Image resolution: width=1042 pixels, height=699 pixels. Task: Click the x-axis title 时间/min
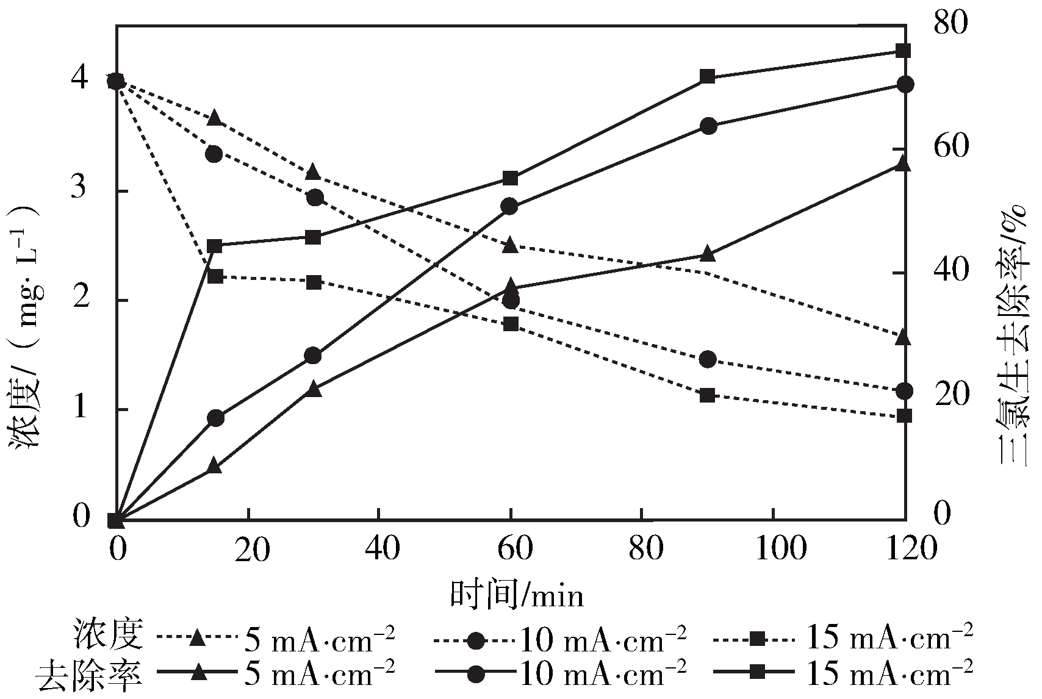(x=517, y=593)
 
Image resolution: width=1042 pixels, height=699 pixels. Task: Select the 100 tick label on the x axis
(x=774, y=549)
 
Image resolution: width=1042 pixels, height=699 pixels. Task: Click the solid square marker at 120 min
(x=903, y=51)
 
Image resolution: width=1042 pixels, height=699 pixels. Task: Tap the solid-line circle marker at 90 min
(x=708, y=126)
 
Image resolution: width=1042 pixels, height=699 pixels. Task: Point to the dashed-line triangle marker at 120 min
(x=903, y=337)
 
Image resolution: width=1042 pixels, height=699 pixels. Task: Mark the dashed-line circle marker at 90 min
(x=708, y=359)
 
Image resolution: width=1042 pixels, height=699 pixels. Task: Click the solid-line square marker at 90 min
(x=707, y=76)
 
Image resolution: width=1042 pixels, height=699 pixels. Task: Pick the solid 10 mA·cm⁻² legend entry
(x=561, y=673)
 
